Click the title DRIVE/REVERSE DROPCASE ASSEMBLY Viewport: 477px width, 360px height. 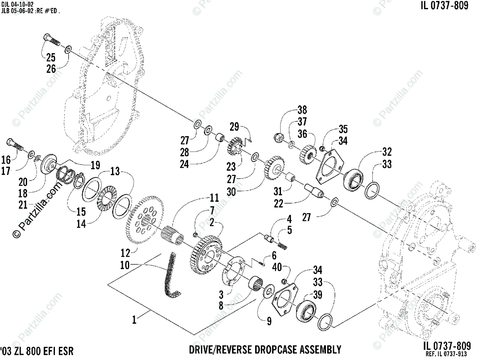click(265, 350)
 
